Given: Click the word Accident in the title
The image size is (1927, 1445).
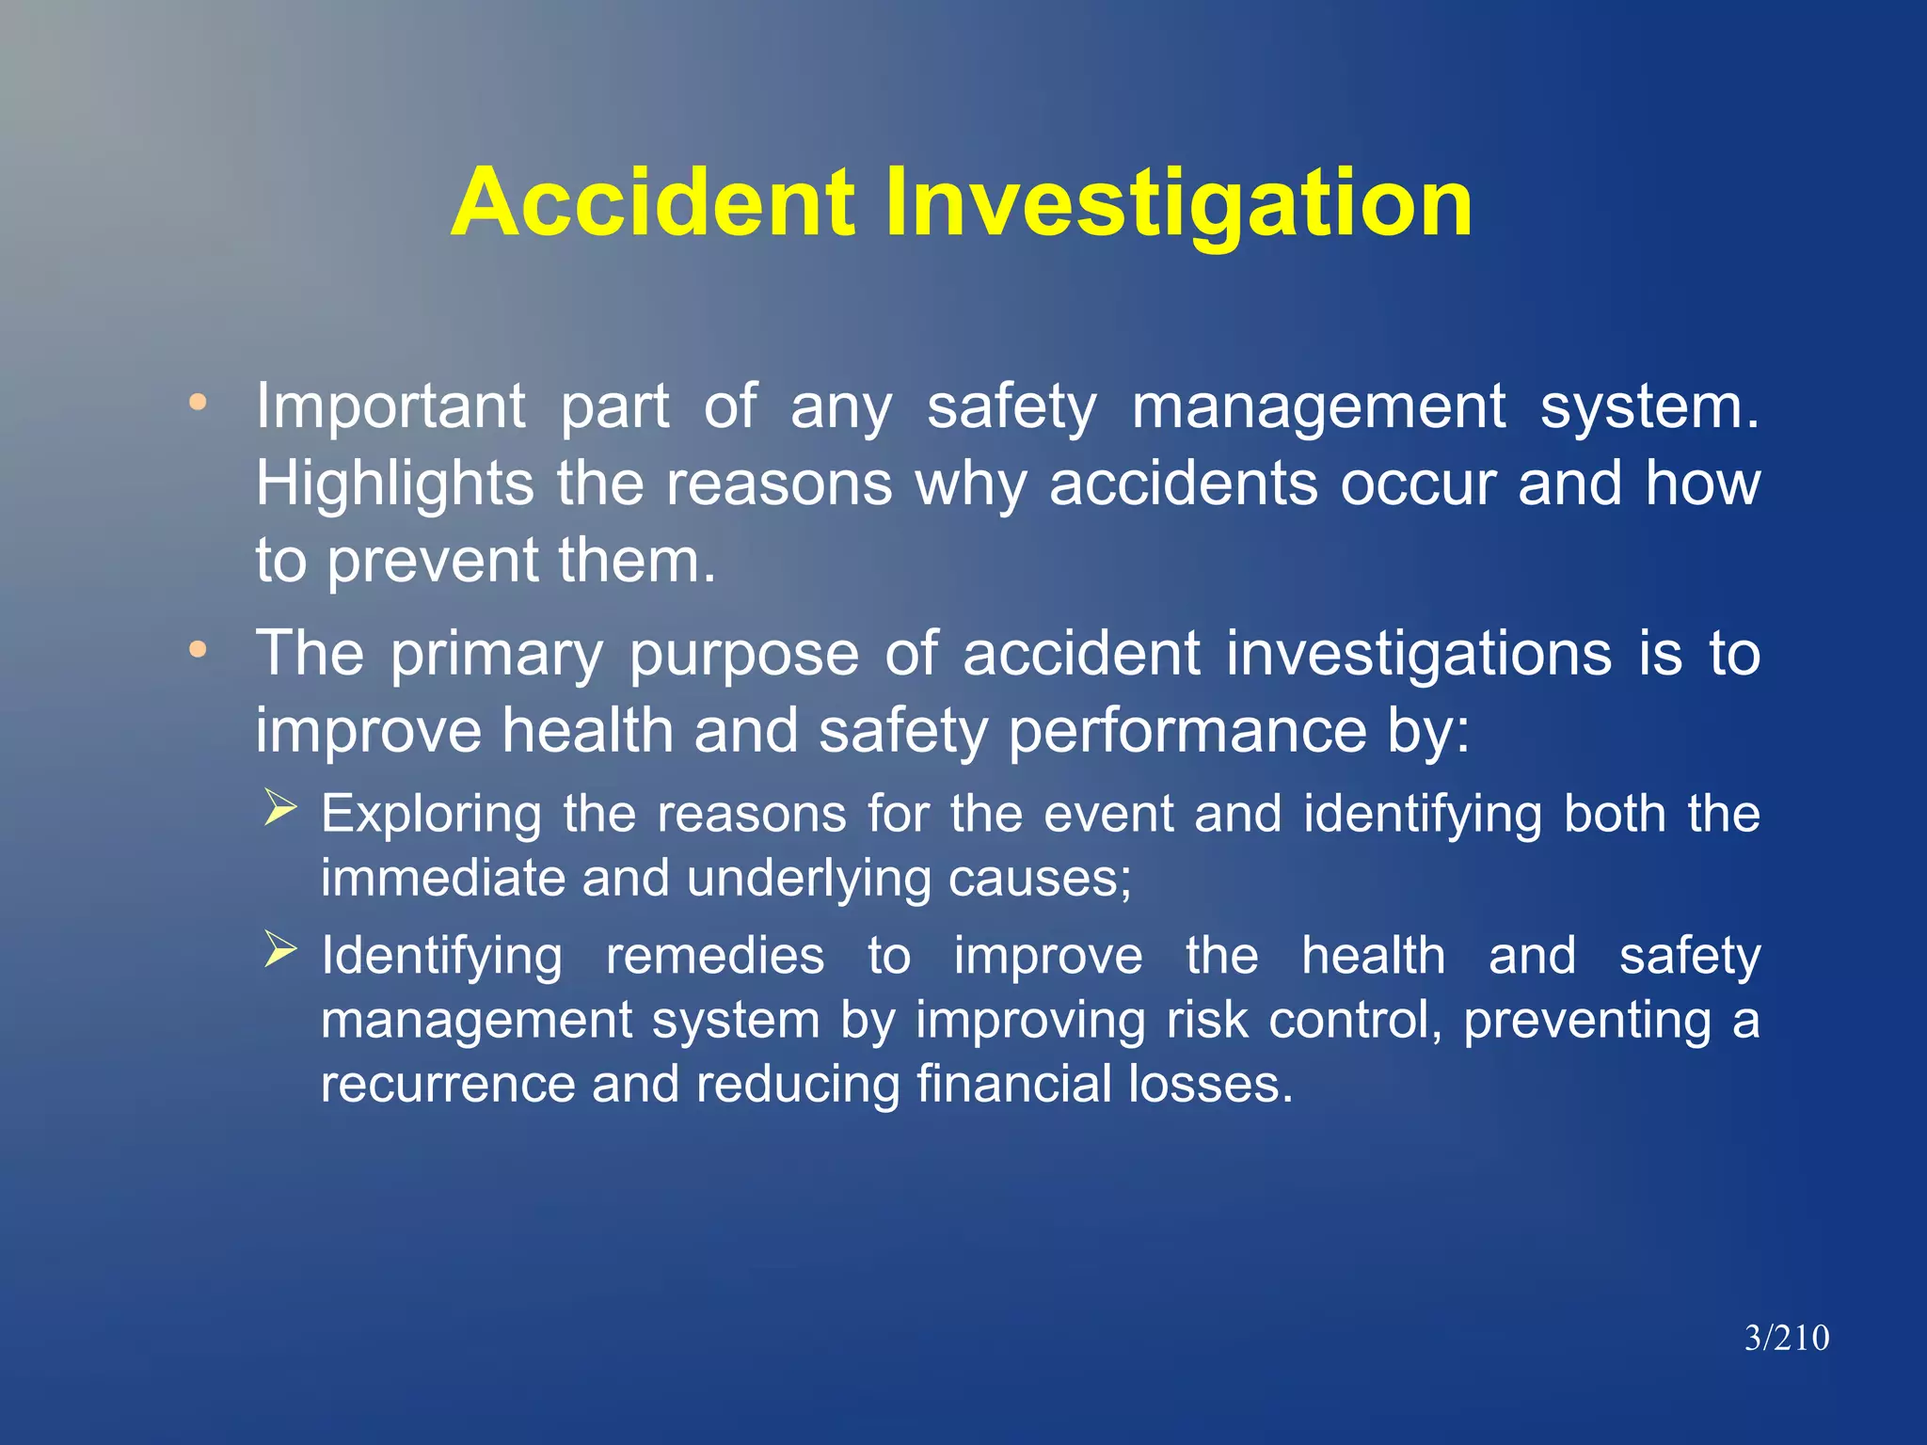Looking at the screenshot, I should pos(653,202).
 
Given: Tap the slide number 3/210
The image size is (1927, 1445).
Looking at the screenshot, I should pos(1787,1337).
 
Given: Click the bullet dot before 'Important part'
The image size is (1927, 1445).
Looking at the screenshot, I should pos(198,403).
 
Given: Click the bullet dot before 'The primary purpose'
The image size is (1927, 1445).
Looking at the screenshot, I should pos(198,649).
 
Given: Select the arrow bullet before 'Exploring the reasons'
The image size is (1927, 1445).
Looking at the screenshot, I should pos(280,807).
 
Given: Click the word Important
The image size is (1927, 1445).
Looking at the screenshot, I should pos(390,407).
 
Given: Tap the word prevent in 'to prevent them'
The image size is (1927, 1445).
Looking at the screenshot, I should pos(433,562).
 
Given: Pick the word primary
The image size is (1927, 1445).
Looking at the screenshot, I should pos(497,655).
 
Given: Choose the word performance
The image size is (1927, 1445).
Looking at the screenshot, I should pos(1186,732).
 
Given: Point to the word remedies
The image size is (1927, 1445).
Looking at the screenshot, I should pos(715,956).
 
